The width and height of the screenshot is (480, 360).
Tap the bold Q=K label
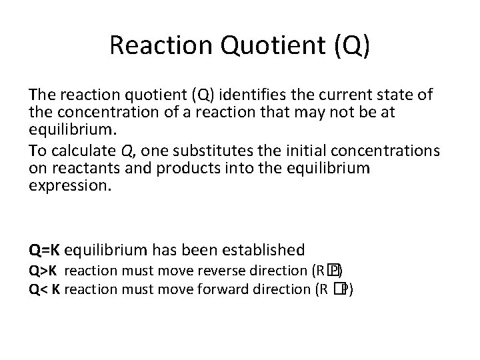point(45,250)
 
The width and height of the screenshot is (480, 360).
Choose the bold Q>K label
point(43,272)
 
